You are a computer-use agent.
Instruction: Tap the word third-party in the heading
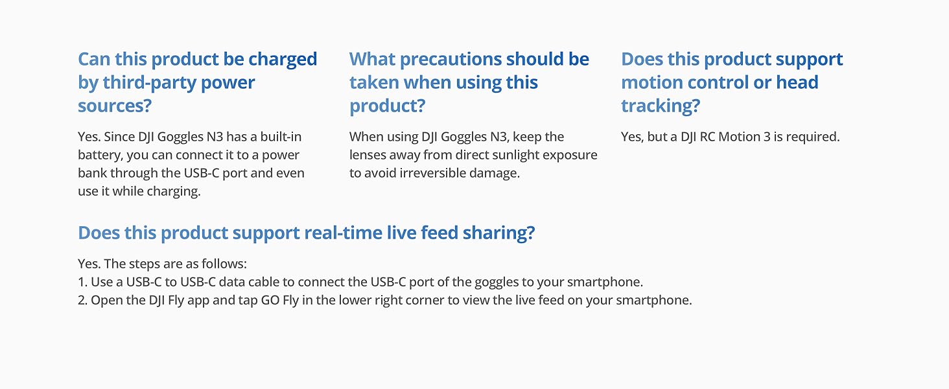[148, 83]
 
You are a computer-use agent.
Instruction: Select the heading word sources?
[114, 106]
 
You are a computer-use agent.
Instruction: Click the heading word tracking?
[661, 106]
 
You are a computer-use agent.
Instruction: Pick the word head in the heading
[797, 82]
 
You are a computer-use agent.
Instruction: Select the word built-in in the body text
[281, 137]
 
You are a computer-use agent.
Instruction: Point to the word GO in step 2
[270, 300]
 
